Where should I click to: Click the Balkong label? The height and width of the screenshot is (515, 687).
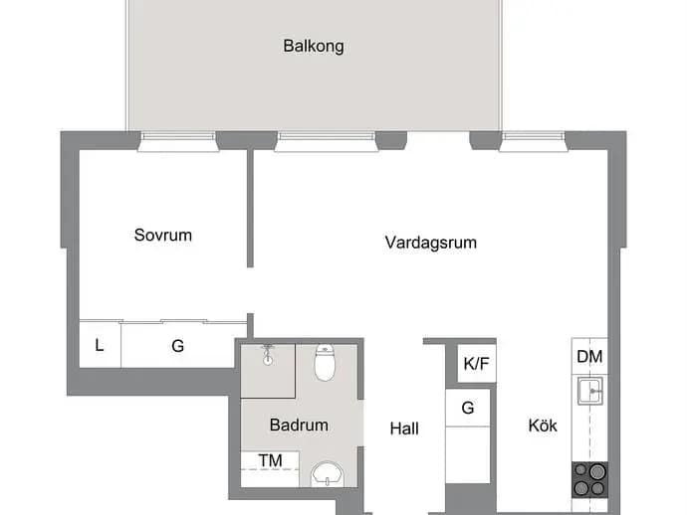314,47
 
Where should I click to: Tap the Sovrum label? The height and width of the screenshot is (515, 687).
163,235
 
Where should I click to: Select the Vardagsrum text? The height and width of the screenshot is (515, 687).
431,243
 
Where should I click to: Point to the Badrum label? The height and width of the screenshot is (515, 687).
299,425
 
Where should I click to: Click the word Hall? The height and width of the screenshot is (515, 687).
404,429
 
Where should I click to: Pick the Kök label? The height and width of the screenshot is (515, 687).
543,426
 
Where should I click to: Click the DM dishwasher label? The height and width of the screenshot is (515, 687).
589,357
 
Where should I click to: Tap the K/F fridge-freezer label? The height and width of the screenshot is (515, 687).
476,363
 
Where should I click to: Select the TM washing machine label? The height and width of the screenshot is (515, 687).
270,460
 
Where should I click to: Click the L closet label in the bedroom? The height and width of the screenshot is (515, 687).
100,345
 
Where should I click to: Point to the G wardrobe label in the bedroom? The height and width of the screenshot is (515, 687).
177,346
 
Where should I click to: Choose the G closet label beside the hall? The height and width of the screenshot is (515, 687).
468,408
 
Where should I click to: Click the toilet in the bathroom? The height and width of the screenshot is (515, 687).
325,362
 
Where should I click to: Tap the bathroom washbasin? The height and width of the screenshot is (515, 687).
328,474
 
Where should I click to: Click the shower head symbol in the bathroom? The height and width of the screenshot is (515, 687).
268,355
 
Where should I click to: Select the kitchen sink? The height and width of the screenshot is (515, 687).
589,391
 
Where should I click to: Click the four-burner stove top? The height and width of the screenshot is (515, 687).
589,479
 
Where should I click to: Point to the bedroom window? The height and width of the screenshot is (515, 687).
178,142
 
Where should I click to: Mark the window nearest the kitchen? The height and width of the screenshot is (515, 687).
534,142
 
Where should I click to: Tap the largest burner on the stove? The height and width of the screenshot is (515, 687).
597,471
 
